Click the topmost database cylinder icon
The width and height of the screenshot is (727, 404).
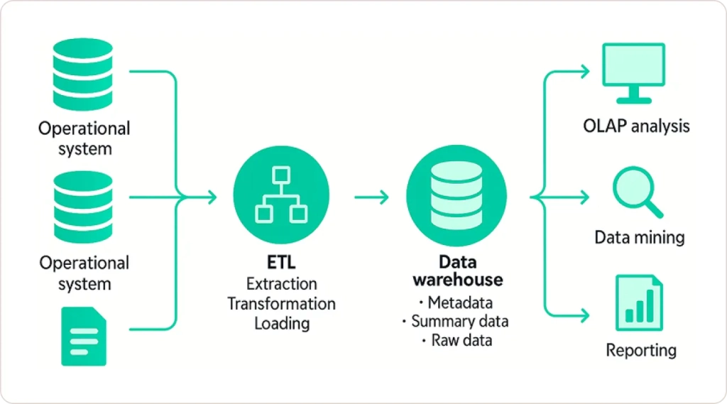[x=83, y=74]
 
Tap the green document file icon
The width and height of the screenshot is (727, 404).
[x=83, y=336]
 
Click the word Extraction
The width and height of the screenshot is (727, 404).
[x=281, y=284]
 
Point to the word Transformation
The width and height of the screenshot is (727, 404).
[x=281, y=304]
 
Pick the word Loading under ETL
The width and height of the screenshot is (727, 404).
[x=281, y=324]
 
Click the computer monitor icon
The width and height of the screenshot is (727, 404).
[x=633, y=72]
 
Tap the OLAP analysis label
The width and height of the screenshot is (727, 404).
[x=636, y=127]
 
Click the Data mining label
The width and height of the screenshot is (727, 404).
[x=639, y=237]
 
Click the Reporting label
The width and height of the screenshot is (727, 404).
[x=640, y=350]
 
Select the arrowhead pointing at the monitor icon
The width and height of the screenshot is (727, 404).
[x=584, y=71]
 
